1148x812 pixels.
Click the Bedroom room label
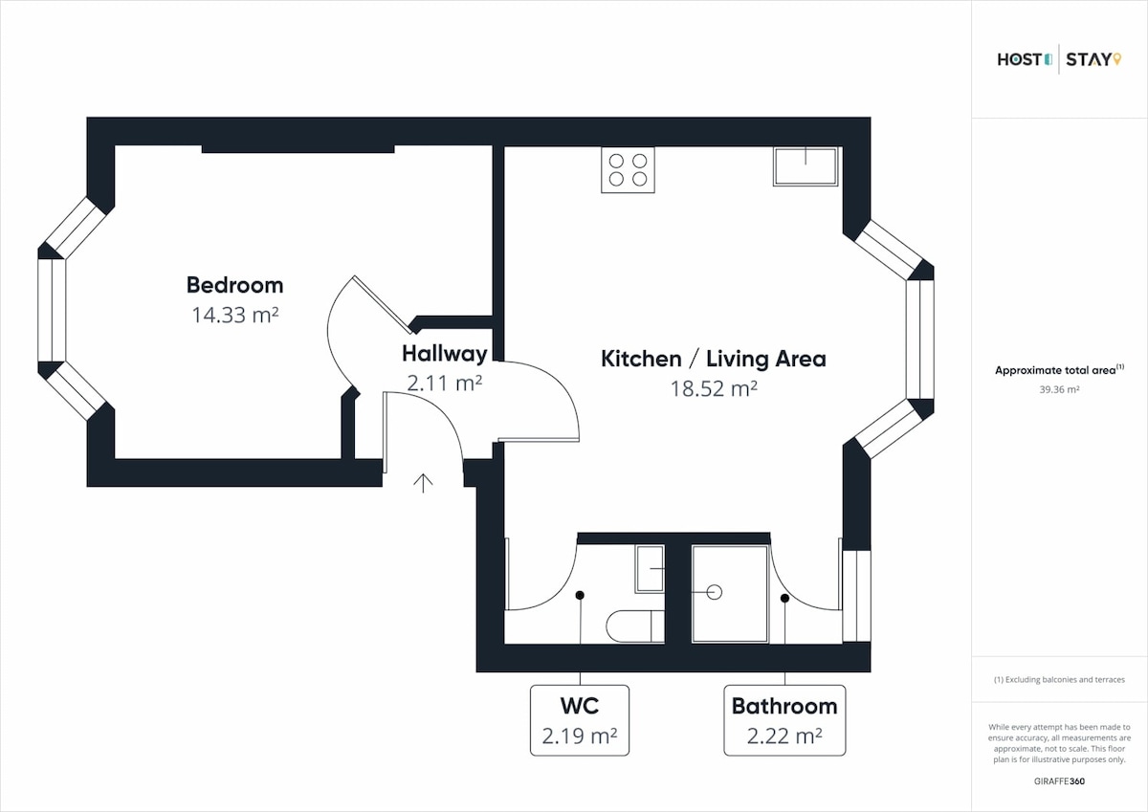(234, 285)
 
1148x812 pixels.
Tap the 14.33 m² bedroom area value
(235, 315)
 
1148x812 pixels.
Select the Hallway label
(444, 354)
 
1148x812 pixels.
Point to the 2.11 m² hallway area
(444, 383)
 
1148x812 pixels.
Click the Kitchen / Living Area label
(714, 359)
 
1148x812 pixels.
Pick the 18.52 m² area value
(714, 388)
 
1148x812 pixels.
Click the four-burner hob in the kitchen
(628, 170)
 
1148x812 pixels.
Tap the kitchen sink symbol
(806, 166)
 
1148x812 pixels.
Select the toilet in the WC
(635, 626)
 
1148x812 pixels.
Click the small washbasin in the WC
(650, 569)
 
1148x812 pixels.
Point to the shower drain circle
(715, 592)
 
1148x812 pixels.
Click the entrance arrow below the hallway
(423, 483)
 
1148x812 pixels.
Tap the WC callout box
(580, 720)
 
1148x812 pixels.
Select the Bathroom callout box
(784, 720)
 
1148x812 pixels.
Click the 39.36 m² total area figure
(1059, 389)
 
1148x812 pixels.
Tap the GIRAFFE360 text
(1059, 781)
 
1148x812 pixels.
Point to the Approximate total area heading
(1059, 370)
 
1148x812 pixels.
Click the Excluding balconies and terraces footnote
(1059, 680)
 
